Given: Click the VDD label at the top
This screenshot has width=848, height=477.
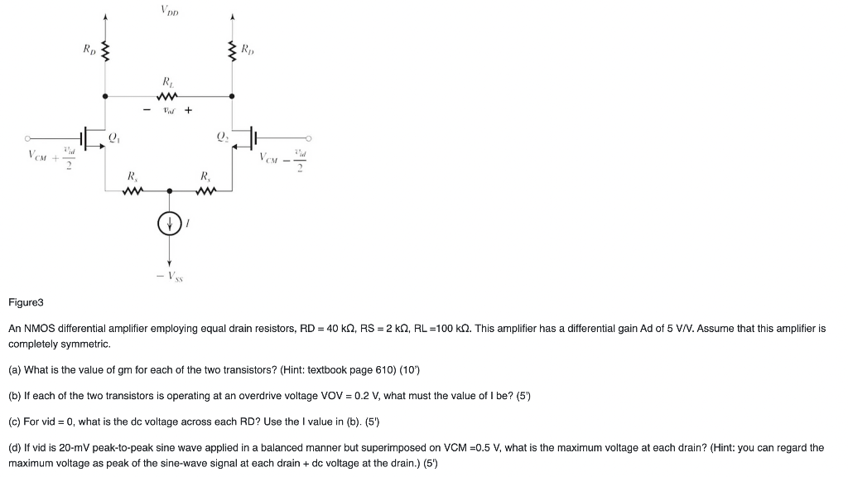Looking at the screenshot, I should (x=169, y=12).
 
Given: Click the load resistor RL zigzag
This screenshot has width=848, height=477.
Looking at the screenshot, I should (x=169, y=95).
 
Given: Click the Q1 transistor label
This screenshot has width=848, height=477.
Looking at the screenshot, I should (x=115, y=139).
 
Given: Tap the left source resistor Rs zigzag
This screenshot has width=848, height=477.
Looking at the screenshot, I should (x=132, y=190).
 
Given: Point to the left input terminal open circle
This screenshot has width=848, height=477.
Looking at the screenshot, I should (x=27, y=138).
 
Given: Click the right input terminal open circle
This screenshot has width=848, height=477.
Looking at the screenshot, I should (x=310, y=138).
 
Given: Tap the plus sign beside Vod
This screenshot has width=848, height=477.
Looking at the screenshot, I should (x=189, y=110).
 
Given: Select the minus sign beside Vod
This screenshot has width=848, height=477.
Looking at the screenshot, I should (x=147, y=110).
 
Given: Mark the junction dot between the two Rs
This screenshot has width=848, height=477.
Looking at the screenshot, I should (x=169, y=190).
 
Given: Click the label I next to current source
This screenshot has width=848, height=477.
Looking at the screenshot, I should (x=190, y=225).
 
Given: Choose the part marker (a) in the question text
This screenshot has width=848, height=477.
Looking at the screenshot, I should (x=16, y=369).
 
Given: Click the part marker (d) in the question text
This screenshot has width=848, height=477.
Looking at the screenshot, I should (x=16, y=448).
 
